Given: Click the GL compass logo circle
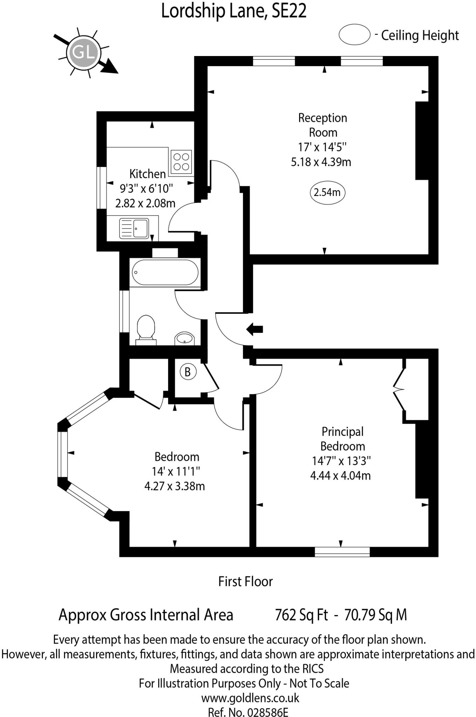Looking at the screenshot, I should pos(84,53).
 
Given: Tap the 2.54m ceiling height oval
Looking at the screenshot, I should pos(327,192).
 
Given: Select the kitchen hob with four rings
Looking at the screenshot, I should pos(181,161).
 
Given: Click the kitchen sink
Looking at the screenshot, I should pos(134,228).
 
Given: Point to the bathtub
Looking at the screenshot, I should pos(165,272).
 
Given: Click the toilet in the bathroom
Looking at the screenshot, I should pos(146,329).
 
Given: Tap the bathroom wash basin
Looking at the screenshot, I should pos(185,338).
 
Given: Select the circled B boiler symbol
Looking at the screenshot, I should pos(187,372).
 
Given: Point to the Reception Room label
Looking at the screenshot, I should pos(323,125).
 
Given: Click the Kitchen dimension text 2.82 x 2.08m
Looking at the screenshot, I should pos(145,203).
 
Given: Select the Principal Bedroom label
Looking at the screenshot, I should pos(343,439).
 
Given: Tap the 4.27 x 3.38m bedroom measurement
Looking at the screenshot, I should pos(174,486).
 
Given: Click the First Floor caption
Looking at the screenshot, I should pos(245,582).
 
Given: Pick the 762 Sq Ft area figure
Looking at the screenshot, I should pos(302,615).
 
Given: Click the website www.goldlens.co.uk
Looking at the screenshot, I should pos(250,698).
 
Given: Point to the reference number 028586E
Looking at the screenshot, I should pos(268,712).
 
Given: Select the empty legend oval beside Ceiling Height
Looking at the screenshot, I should pos(354,35).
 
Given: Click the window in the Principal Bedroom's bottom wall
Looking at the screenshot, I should pos(342,552).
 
